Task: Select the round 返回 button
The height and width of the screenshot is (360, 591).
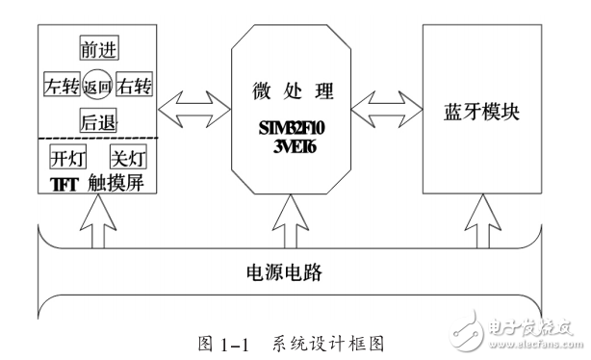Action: pyautogui.click(x=98, y=86)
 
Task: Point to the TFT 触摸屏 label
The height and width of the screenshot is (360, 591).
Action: pyautogui.click(x=96, y=182)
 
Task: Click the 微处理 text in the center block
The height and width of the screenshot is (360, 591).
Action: pyautogui.click(x=290, y=92)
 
